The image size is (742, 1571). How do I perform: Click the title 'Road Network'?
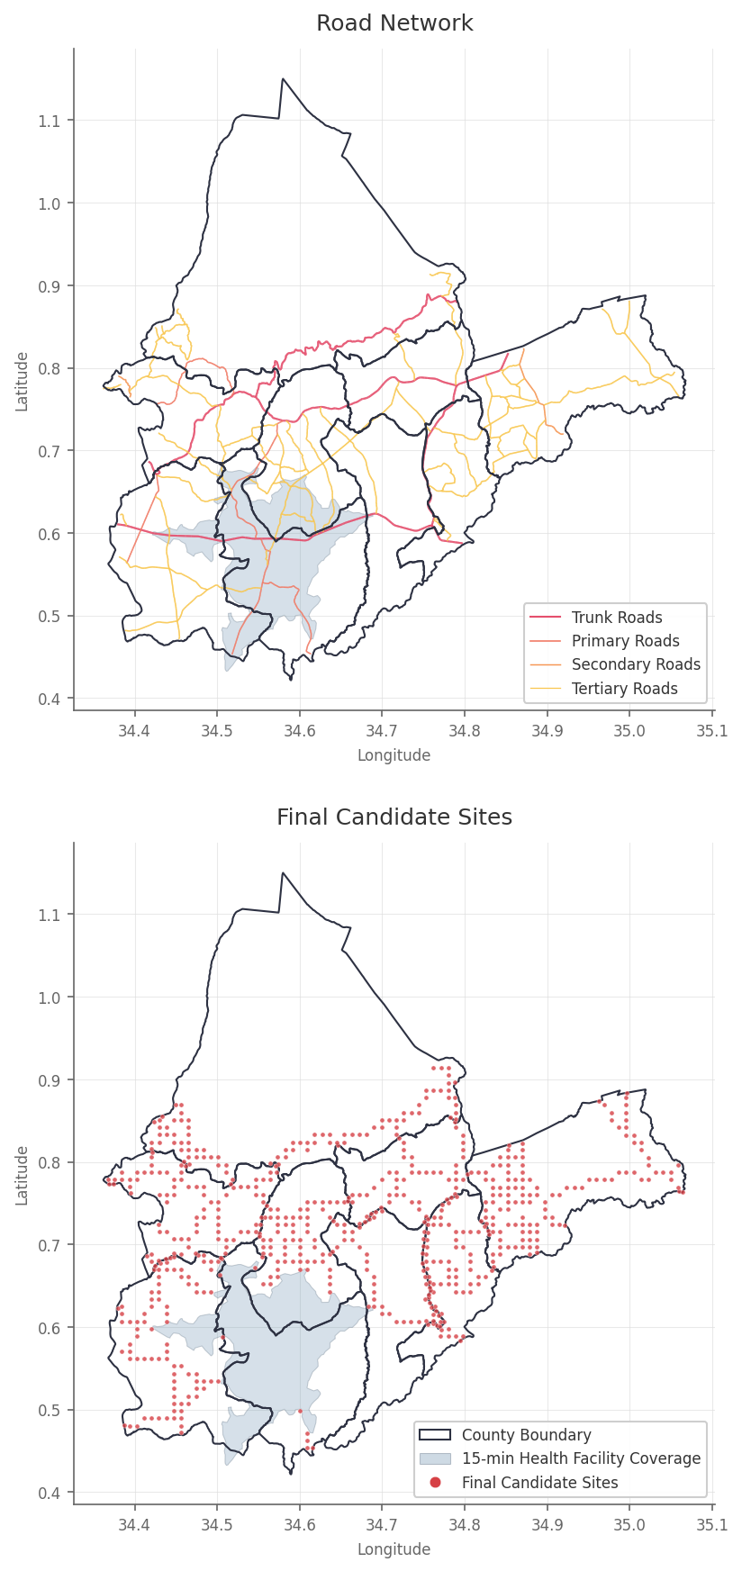[394, 23]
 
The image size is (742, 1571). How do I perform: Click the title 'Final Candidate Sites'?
[394, 817]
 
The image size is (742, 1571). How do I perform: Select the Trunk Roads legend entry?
[616, 618]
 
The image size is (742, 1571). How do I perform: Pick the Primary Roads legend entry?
[625, 641]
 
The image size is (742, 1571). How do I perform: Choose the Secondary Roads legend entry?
[636, 664]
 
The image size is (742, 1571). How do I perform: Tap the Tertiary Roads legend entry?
[624, 689]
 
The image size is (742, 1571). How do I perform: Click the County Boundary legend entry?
[526, 1435]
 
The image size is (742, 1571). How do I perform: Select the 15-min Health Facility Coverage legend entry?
[581, 1458]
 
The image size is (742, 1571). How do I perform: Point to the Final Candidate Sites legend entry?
[539, 1483]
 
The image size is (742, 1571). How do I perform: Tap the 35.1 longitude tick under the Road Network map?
[712, 730]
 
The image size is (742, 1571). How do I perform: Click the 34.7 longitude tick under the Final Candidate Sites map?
[382, 1524]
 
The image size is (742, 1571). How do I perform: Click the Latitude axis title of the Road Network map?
[22, 382]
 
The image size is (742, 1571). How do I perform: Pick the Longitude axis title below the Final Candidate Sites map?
[394, 1549]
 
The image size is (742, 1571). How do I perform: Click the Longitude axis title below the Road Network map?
[394, 755]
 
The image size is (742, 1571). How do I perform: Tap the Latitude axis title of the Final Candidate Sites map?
[22, 1176]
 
